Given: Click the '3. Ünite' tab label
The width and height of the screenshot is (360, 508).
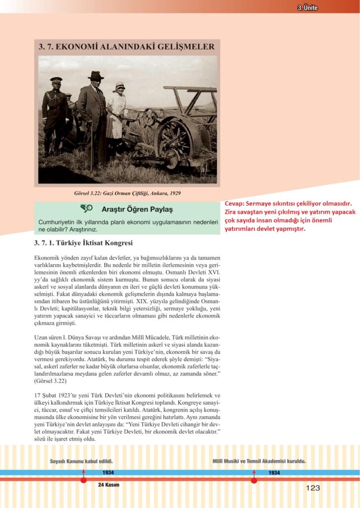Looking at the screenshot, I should (x=307, y=7).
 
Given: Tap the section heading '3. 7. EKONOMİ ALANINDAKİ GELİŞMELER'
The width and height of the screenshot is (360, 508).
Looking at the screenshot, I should (x=127, y=47).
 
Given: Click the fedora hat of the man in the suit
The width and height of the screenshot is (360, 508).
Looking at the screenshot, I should (x=95, y=75).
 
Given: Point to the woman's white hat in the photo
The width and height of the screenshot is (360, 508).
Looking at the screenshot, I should (x=119, y=87).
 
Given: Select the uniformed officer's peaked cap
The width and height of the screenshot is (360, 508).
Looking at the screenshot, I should (x=56, y=79).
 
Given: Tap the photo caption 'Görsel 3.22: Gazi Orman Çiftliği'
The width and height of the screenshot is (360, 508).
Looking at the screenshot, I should (x=127, y=193).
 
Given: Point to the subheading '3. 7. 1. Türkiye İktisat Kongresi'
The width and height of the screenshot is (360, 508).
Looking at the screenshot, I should (x=83, y=243).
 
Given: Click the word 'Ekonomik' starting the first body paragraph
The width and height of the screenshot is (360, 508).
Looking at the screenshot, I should (x=48, y=258).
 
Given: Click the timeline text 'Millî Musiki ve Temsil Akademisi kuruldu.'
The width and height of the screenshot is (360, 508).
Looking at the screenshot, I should (x=259, y=461).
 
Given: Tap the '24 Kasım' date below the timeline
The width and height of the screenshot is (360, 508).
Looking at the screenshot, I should (x=109, y=485).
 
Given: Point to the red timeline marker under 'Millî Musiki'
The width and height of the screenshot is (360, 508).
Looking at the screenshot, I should (x=254, y=479).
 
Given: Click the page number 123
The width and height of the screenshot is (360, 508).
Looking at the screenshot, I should (x=313, y=488).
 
